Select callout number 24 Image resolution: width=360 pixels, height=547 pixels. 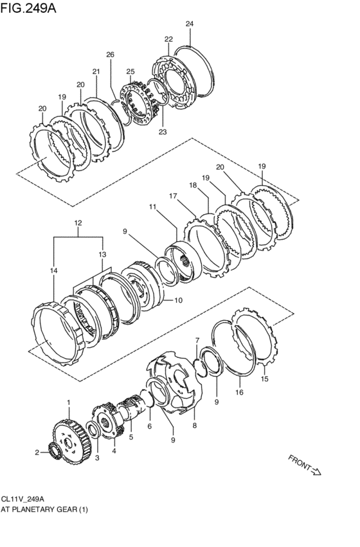tap(189, 24)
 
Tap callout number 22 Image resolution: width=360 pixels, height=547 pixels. tap(168, 39)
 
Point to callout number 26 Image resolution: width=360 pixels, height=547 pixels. tap(110, 55)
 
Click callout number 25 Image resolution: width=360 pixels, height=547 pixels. tap(130, 71)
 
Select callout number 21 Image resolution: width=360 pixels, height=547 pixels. tap(96, 71)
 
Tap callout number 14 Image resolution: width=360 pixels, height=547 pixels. tap(53, 272)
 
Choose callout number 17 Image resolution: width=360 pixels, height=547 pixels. tap(173, 195)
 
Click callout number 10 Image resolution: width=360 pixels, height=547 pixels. tap(179, 300)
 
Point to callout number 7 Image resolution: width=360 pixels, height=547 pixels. tap(197, 340)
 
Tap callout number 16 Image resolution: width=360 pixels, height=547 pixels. tap(239, 391)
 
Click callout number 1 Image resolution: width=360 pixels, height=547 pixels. tap(69, 402)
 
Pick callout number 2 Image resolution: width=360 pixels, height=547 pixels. tap(37, 453)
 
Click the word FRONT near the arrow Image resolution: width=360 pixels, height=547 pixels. tap(299, 462)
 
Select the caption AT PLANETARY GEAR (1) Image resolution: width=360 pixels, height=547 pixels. tap(44, 509)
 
